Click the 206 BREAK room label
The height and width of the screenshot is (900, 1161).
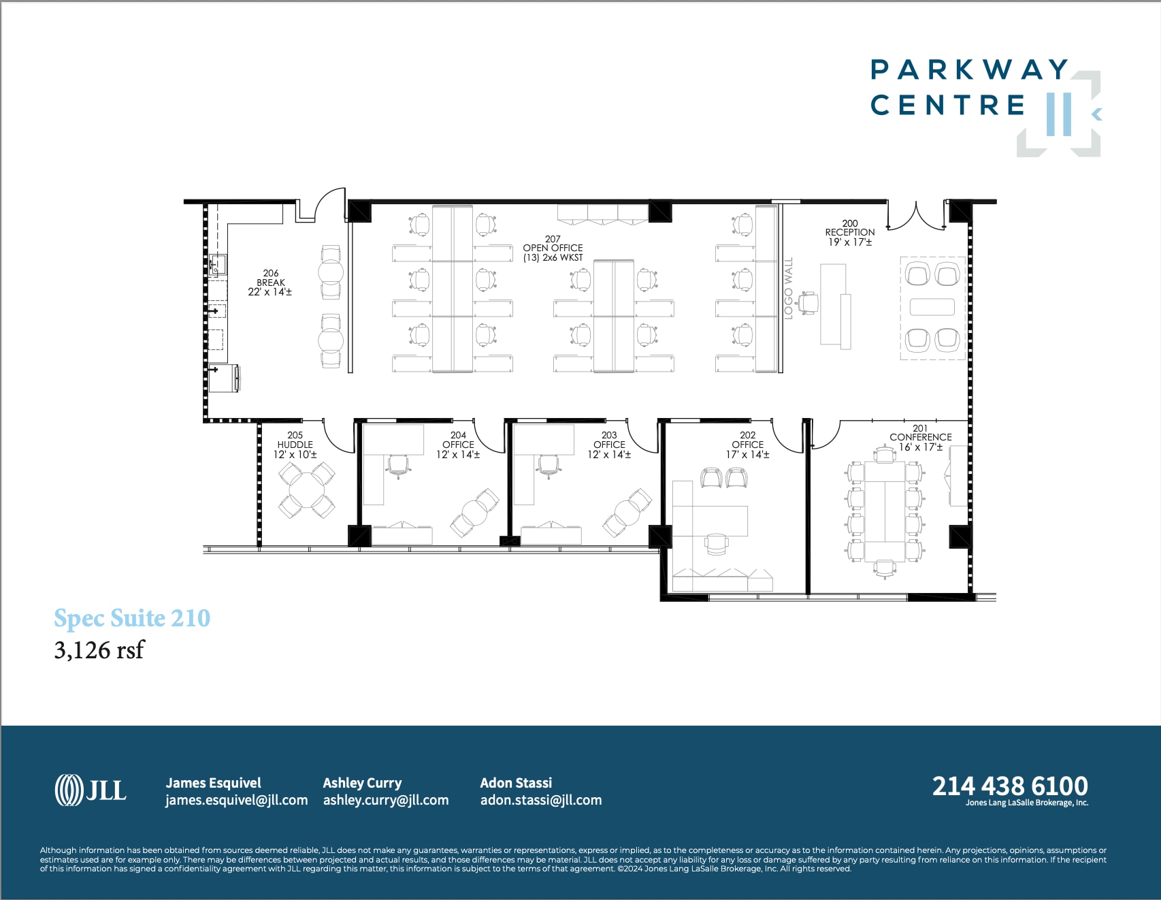270,283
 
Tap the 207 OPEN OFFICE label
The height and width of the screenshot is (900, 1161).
553,248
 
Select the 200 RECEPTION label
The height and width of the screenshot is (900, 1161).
850,233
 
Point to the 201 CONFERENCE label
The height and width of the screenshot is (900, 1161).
920,438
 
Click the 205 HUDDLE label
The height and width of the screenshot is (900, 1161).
295,445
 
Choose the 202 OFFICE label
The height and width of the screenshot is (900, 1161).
747,445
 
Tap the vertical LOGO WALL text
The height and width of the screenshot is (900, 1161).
789,287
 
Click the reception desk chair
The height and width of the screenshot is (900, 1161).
808,303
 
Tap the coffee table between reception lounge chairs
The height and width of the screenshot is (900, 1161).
932,307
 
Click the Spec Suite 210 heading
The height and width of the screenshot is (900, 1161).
132,618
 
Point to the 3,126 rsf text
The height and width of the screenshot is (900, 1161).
99,650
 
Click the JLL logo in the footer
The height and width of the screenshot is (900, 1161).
91,790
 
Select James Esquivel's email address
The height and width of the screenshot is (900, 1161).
236,801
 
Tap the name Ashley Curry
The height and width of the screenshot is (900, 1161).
362,783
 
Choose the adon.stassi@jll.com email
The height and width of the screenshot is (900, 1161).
541,801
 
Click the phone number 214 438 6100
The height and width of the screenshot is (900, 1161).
1010,786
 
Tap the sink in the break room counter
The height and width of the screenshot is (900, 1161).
218,264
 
